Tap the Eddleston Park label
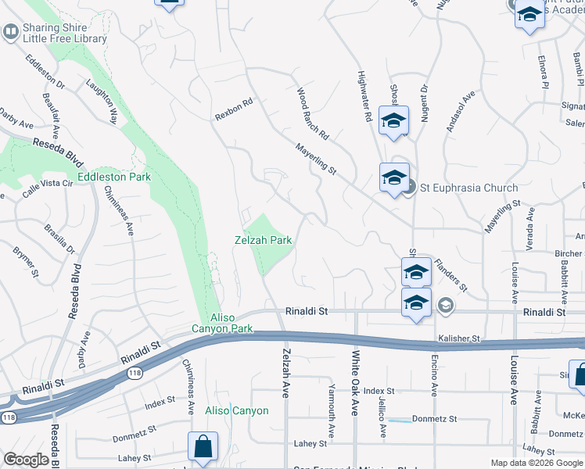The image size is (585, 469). coord(119,177)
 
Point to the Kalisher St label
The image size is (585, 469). coord(458,338)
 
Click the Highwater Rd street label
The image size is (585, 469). coord(364,95)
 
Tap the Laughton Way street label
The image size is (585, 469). coord(102,103)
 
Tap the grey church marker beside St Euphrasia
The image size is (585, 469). coord(410,188)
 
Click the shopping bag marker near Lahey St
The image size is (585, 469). coord(203,446)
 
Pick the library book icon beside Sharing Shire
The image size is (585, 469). coord(11,32)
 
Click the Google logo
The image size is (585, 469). coord(27,460)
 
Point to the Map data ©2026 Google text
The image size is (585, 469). coord(536,463)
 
